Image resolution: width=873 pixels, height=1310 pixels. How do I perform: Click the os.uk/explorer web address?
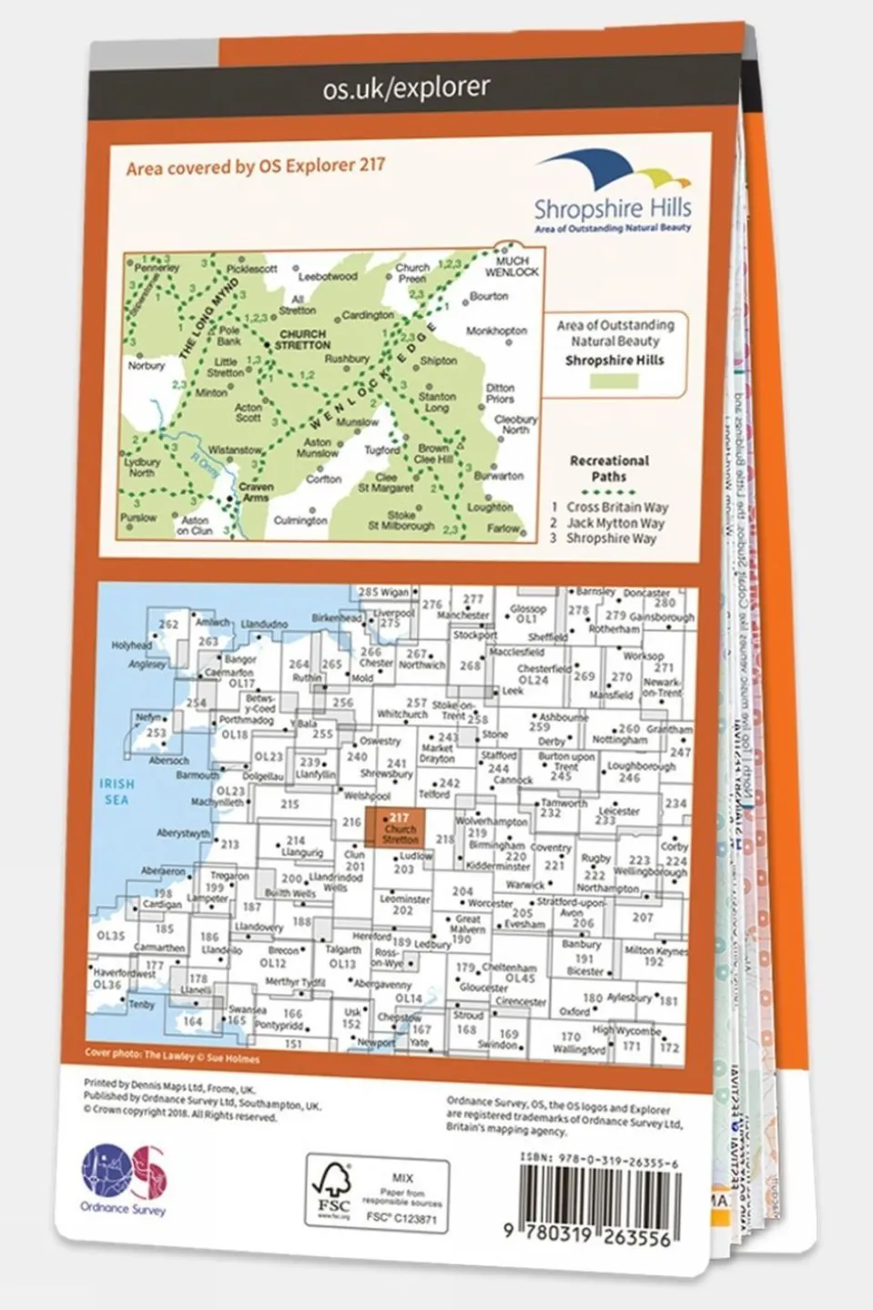(406, 87)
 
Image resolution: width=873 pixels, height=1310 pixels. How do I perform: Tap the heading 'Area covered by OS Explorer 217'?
(255, 167)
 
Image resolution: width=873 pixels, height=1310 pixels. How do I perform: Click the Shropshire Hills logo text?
(613, 208)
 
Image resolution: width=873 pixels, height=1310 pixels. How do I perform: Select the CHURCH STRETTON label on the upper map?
(302, 340)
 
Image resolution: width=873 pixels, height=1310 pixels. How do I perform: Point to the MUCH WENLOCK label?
(512, 266)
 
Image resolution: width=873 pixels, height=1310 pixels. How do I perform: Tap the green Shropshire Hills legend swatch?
(614, 381)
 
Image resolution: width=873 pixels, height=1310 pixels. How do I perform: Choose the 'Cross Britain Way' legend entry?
(616, 507)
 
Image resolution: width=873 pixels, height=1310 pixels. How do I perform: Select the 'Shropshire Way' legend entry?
(610, 538)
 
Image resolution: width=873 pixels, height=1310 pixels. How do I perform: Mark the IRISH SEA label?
(117, 791)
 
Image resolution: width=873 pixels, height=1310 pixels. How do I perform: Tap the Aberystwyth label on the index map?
(183, 833)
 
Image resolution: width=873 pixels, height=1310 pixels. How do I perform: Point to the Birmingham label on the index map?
(497, 846)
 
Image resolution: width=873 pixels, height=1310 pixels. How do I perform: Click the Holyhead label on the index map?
(131, 645)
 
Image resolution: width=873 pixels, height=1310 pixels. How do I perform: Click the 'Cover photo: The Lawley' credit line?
(172, 1057)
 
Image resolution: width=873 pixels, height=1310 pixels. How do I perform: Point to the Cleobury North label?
(515, 424)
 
